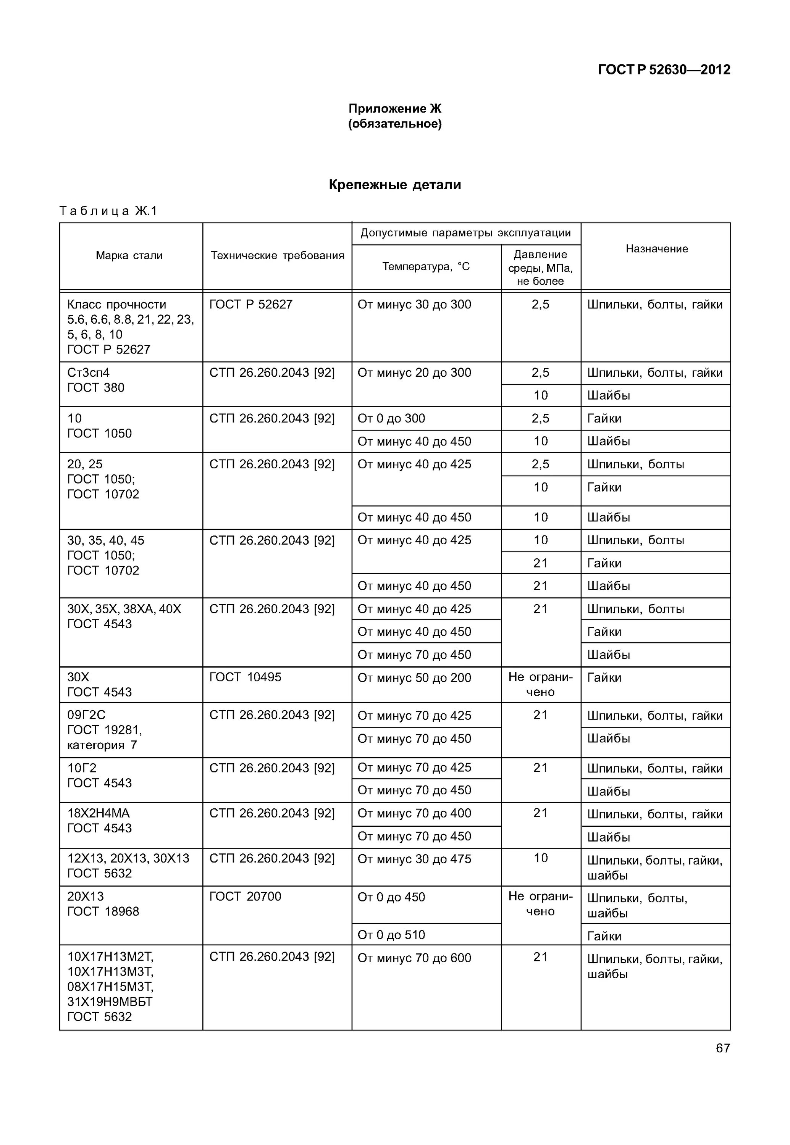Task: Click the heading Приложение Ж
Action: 394,108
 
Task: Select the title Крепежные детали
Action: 394,185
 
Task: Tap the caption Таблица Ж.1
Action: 108,211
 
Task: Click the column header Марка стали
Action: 129,256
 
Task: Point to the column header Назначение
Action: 656,249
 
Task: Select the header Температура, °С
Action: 426,267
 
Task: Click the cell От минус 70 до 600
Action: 414,958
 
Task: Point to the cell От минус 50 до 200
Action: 414,678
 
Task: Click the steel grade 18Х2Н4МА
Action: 99,813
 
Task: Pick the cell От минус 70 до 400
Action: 414,813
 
